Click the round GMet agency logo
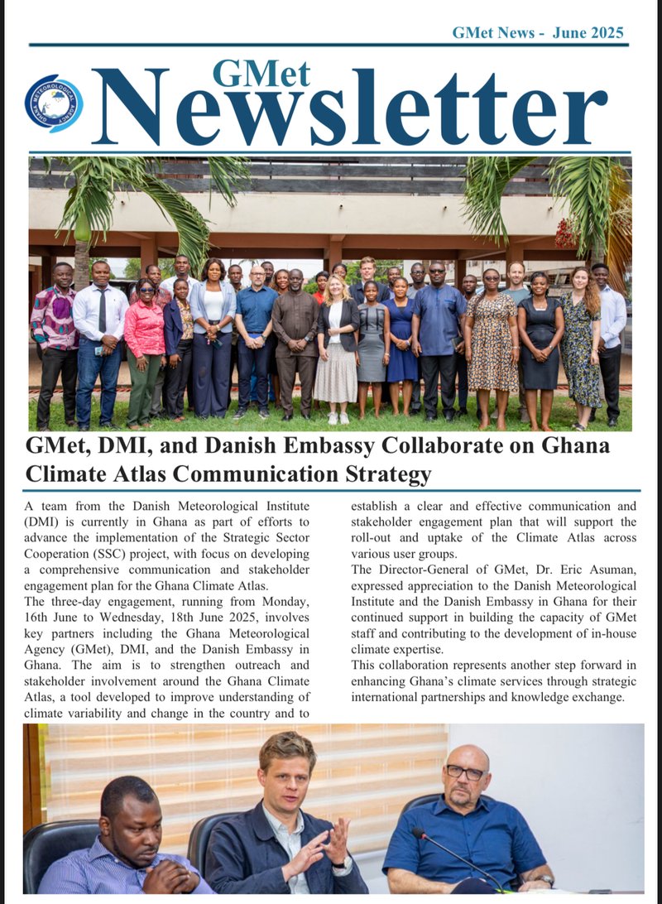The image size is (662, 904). pos(54,103)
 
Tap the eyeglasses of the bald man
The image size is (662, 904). pos(465,772)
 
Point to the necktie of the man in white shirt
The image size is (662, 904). pos(102,310)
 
